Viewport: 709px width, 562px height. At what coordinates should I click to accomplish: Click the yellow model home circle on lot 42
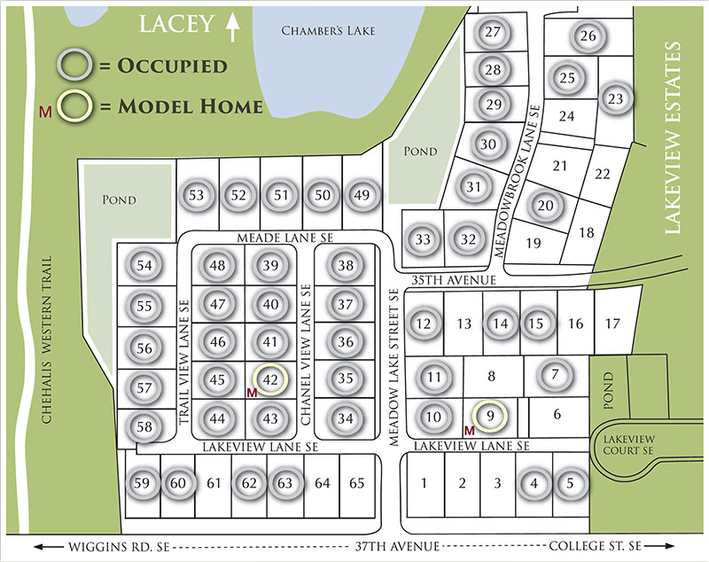coord(271,379)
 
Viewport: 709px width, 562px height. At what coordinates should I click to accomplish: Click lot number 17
coord(612,324)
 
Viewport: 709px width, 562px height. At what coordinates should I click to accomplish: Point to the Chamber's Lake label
coord(328,31)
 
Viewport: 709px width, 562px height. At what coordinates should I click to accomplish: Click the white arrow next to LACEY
coord(233,27)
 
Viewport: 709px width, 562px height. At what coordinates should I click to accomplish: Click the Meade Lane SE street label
coord(284,238)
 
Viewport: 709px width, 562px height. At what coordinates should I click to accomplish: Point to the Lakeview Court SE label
coord(630,444)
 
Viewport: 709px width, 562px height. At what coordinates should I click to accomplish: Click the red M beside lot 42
coord(253,392)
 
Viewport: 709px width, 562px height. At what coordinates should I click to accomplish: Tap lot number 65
coord(357,483)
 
